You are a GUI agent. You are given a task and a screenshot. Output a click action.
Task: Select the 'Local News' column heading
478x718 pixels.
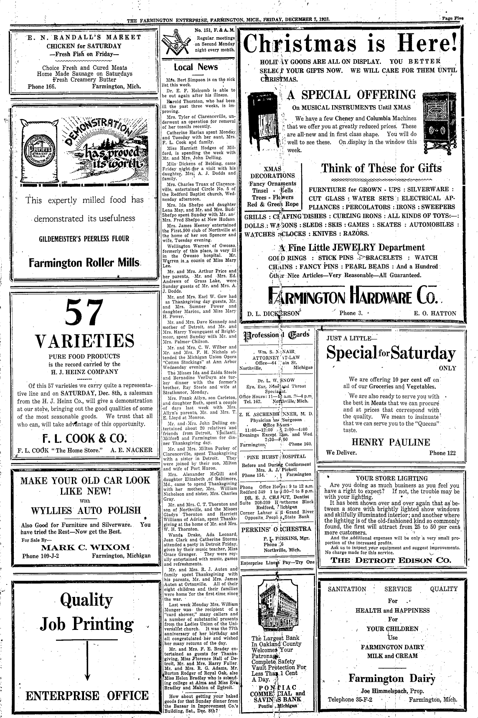click(x=196, y=67)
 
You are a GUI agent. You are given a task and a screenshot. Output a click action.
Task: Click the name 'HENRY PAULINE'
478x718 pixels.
click(x=391, y=442)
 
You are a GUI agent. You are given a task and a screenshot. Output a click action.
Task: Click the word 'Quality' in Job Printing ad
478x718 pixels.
click(x=86, y=600)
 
